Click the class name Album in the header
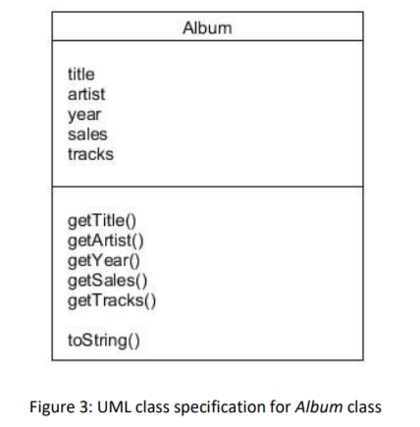(207, 27)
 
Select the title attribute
(81, 75)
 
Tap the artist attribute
(86, 94)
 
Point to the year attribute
(84, 115)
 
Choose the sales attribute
(87, 134)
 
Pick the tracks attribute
(90, 154)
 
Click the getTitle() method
(102, 221)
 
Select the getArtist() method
(105, 240)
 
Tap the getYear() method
(104, 261)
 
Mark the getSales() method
(107, 281)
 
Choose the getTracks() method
(112, 300)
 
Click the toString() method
(104, 341)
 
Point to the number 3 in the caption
(84, 407)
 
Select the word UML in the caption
(114, 407)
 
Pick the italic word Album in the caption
(319, 407)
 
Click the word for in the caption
(280, 406)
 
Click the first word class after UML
(152, 407)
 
